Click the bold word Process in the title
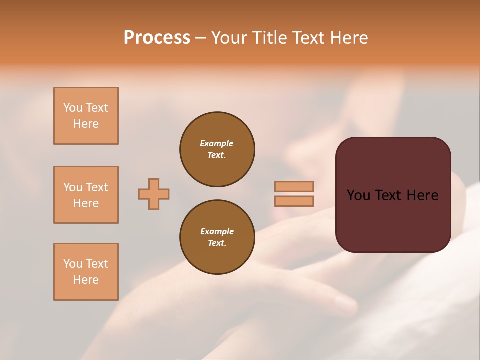tap(157, 38)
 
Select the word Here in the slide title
tap(348, 38)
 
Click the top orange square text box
tap(86, 116)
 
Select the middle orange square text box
tap(86, 195)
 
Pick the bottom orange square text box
tap(86, 272)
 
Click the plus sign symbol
tap(154, 194)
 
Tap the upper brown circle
tap(217, 149)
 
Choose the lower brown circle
tap(217, 237)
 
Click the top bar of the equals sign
tap(294, 186)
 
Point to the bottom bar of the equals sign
tap(294, 201)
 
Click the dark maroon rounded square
tap(393, 220)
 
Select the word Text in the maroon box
tap(391, 195)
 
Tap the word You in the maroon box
tap(359, 195)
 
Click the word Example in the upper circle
tap(217, 143)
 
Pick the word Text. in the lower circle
tap(217, 243)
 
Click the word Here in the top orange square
tap(86, 124)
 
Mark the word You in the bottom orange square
tap(73, 264)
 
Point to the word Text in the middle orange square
tap(96, 187)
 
